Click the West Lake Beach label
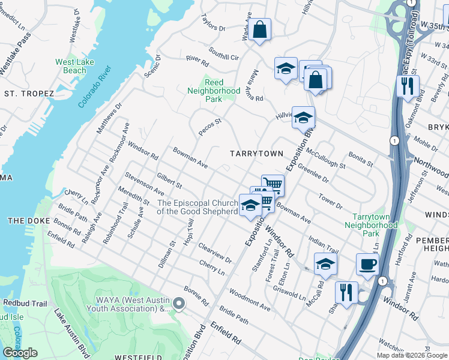point(74,66)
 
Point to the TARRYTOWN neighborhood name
point(256,154)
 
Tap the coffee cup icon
point(367,263)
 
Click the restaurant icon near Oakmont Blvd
point(408,85)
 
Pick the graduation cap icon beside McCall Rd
point(325,263)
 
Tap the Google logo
point(20,353)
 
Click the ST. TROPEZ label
point(29,94)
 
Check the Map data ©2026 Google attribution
point(412,355)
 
